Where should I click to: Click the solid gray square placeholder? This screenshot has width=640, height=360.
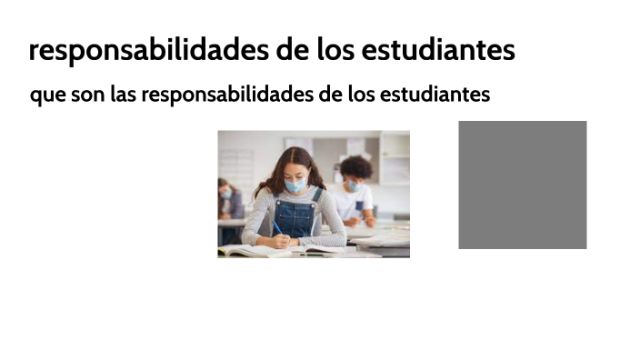click(522, 185)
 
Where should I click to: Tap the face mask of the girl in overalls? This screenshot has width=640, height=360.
click(295, 185)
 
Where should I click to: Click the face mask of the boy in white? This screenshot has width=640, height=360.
click(351, 185)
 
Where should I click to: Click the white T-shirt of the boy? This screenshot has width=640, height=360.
click(357, 201)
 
